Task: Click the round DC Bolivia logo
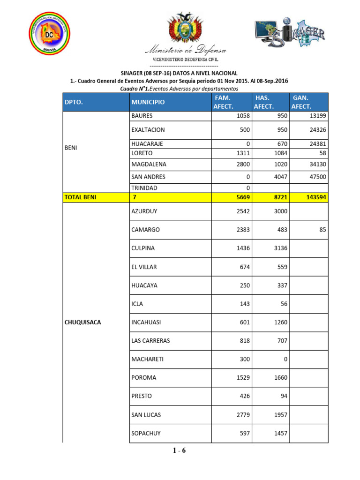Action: coord(49,33)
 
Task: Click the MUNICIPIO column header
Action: coord(148,102)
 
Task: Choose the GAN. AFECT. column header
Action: coord(301,102)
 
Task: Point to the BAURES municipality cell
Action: coord(142,116)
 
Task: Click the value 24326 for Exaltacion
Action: coord(316,130)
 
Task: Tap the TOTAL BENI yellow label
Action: coord(80,197)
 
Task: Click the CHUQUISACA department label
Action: coord(83,322)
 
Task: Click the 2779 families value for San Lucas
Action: coord(242,415)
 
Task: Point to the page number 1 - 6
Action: coord(180,451)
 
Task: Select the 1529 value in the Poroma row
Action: coord(242,378)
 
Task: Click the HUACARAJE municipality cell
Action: coord(147,144)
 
